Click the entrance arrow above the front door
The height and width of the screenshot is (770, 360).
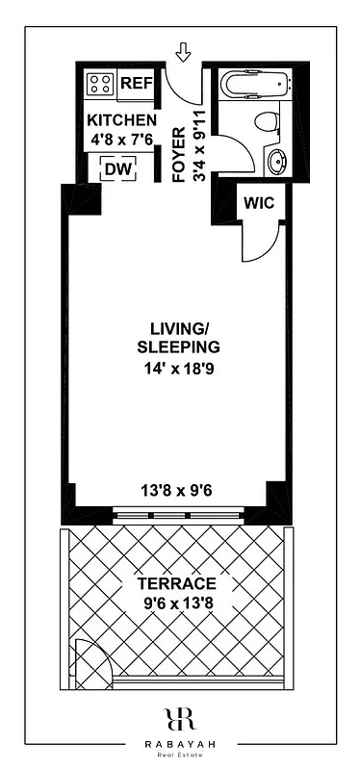(184, 50)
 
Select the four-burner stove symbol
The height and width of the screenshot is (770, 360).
(100, 84)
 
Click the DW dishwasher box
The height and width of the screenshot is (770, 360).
(117, 169)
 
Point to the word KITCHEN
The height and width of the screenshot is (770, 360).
(121, 120)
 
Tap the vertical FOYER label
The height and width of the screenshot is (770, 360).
(179, 153)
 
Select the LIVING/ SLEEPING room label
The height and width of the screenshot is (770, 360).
(179, 338)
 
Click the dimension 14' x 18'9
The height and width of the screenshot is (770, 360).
(179, 367)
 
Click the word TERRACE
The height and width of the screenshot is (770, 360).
(177, 584)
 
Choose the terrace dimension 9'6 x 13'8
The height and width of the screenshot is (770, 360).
(177, 605)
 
